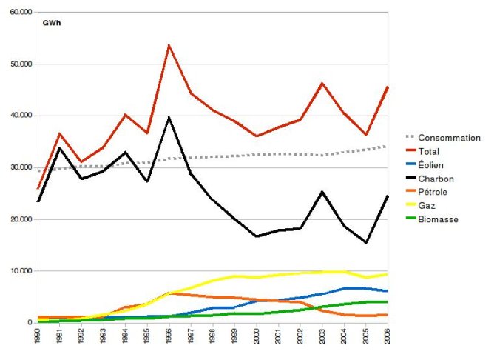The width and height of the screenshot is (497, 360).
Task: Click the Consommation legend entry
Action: click(x=449, y=138)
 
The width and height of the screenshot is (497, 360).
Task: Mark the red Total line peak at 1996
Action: click(x=169, y=45)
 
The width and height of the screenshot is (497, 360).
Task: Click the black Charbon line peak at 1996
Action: click(x=169, y=117)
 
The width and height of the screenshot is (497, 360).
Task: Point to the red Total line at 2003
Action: click(x=322, y=83)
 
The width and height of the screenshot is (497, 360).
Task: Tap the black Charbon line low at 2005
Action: click(x=367, y=243)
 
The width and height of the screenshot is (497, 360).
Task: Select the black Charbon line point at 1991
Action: click(x=60, y=148)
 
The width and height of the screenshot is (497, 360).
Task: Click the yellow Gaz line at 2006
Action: click(x=388, y=274)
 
